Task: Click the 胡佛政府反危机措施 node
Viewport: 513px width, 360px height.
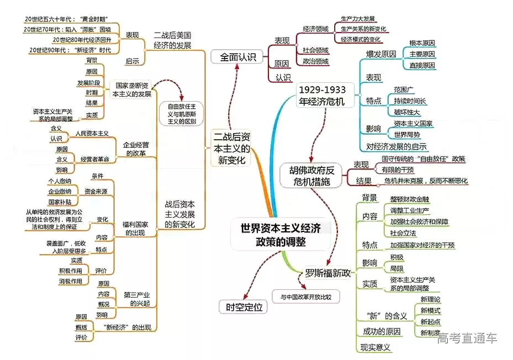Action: [314, 174]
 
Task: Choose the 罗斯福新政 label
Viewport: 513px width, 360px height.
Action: [327, 273]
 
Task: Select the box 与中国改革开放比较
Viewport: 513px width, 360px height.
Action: [305, 297]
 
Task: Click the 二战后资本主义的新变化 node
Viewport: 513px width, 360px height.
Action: [231, 148]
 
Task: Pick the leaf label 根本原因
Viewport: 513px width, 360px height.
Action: [422, 43]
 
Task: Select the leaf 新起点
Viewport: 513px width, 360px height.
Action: [431, 321]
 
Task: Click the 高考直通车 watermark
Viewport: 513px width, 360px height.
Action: [467, 338]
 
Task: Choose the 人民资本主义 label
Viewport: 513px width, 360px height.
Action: [92, 133]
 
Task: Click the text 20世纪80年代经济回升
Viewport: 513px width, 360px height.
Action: [82, 40]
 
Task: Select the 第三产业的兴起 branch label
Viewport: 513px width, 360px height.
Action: [138, 299]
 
